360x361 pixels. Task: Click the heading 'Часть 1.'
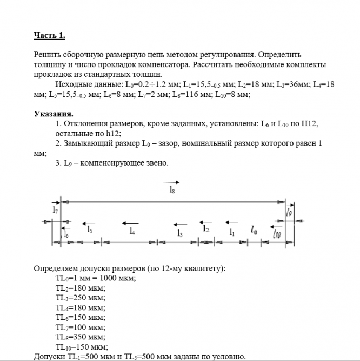(x=49, y=36)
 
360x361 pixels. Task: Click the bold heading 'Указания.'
(x=54, y=114)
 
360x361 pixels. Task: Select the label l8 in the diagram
(x=171, y=190)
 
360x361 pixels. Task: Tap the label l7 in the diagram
(x=55, y=209)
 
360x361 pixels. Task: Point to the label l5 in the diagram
(x=90, y=229)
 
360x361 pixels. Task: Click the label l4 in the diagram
(x=131, y=231)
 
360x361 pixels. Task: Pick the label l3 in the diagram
(x=180, y=232)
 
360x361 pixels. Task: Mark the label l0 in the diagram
(x=253, y=230)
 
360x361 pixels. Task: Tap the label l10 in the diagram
(x=276, y=233)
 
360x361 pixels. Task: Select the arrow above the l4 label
(x=131, y=222)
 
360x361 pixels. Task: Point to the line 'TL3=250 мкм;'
(x=80, y=298)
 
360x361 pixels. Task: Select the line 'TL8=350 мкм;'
(x=80, y=337)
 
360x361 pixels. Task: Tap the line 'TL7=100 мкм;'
(x=80, y=327)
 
